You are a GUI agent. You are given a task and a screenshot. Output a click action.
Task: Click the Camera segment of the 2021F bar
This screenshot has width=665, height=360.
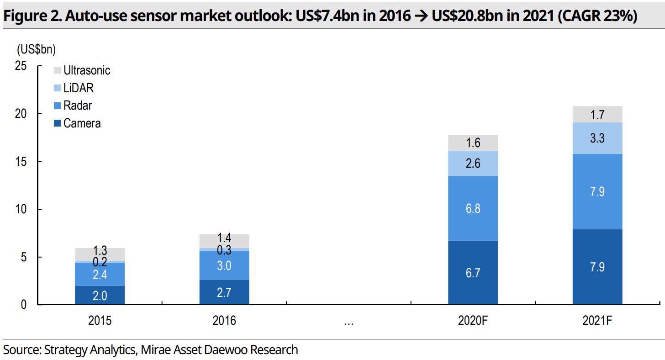pyautogui.click(x=597, y=267)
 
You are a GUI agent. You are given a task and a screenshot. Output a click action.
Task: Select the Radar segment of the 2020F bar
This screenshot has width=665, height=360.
pyautogui.click(x=473, y=208)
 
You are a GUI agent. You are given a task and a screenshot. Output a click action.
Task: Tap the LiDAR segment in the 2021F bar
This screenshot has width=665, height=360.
pyautogui.click(x=597, y=138)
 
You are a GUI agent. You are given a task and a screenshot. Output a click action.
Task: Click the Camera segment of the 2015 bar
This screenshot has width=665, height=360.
pyautogui.click(x=100, y=295)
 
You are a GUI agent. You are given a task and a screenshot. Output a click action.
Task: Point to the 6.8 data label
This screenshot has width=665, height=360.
pyautogui.click(x=473, y=208)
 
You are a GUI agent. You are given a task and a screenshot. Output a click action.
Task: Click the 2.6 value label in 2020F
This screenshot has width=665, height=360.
pyautogui.click(x=473, y=163)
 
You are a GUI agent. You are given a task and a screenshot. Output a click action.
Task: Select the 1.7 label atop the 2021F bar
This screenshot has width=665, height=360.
pyautogui.click(x=597, y=115)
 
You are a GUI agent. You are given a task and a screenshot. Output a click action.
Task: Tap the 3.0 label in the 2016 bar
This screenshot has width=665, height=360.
pyautogui.click(x=224, y=265)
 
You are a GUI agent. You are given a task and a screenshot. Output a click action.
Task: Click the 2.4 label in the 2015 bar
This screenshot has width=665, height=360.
pyautogui.click(x=100, y=275)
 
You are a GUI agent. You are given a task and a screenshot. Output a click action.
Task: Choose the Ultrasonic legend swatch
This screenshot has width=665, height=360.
pyautogui.click(x=57, y=71)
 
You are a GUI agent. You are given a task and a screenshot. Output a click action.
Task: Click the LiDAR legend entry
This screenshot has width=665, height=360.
pyautogui.click(x=78, y=88)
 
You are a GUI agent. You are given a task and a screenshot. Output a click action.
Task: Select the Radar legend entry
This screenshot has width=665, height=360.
pyautogui.click(x=77, y=106)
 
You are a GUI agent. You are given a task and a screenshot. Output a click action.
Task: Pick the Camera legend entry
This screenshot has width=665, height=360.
pyautogui.click(x=82, y=123)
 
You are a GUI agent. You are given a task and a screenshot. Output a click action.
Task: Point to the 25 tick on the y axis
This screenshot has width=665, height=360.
pyautogui.click(x=21, y=66)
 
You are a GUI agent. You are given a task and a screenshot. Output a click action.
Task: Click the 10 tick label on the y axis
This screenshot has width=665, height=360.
pyautogui.click(x=21, y=209)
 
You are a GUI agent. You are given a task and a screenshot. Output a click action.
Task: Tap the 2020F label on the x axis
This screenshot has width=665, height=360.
pyautogui.click(x=473, y=321)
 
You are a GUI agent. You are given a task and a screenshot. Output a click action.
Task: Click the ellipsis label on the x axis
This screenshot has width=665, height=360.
pyautogui.click(x=348, y=323)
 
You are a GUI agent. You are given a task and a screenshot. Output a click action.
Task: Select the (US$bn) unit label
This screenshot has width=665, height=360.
pyautogui.click(x=36, y=48)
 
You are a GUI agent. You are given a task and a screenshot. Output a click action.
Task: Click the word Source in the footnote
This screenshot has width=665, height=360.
pyautogui.click(x=21, y=350)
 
